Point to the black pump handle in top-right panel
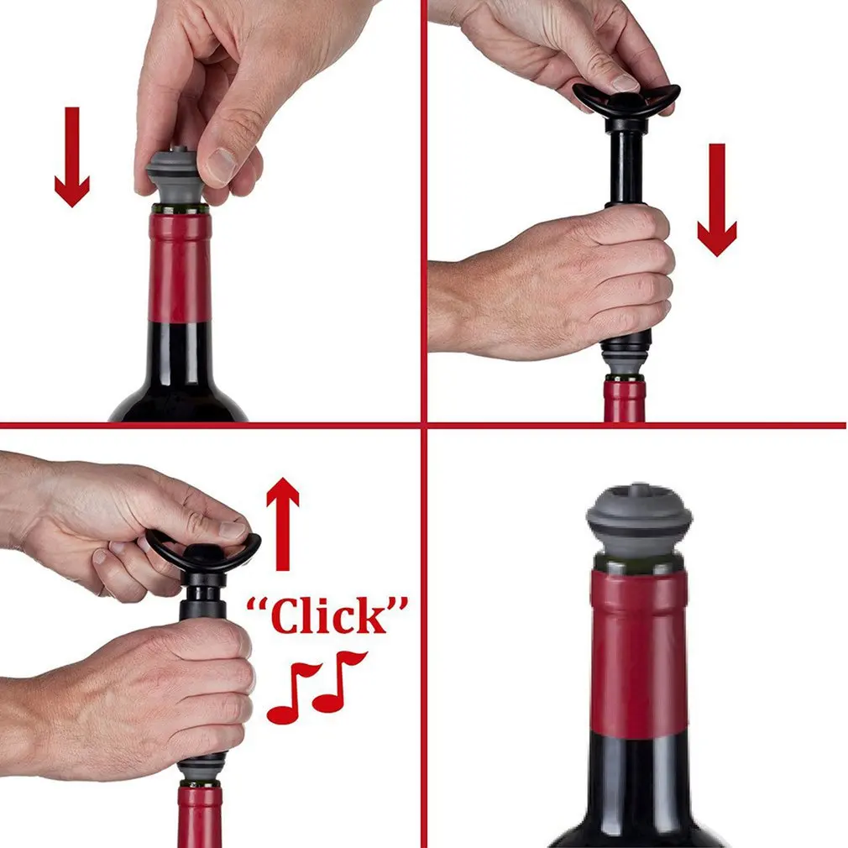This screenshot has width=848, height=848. tap(626, 100)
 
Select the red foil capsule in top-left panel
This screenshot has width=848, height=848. tap(179, 266)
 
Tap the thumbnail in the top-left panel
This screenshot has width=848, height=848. tap(221, 166)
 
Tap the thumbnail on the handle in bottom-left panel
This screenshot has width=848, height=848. tap(232, 530)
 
